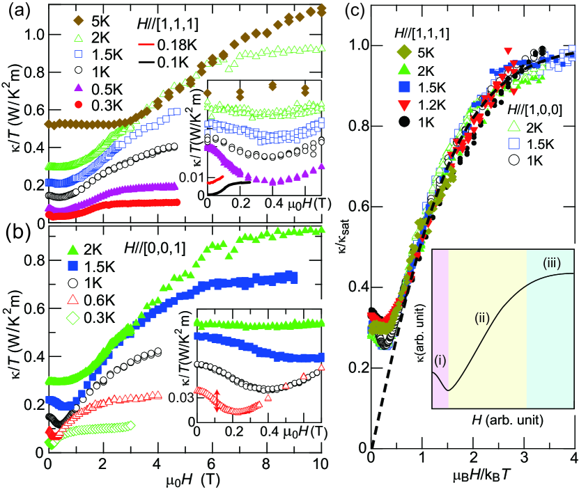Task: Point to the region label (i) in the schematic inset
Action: point(440,362)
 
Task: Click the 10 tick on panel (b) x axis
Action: point(320,463)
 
